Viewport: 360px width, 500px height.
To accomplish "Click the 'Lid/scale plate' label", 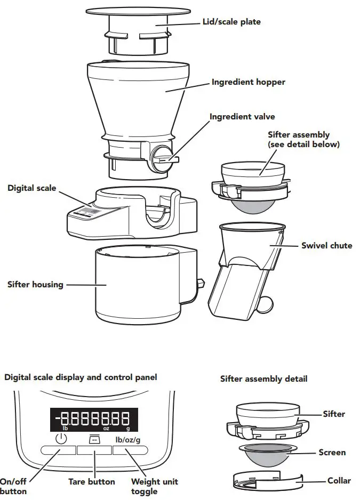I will click(231, 22).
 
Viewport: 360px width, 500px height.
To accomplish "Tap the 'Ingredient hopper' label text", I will click(248, 82).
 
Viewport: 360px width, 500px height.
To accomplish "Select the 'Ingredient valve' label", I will click(242, 116).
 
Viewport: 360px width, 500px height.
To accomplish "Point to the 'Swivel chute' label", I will click(326, 245).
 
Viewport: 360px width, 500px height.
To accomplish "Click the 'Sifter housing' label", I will click(35, 285).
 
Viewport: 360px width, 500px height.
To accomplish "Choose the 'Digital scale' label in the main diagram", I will click(31, 188).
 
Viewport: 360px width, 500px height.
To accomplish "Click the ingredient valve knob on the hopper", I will click(160, 158).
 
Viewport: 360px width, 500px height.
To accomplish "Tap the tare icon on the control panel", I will click(93, 439).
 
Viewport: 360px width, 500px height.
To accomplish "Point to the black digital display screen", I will click(94, 420).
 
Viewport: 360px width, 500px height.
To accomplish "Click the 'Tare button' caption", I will click(91, 481).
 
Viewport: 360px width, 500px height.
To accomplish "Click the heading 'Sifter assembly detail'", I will click(263, 379).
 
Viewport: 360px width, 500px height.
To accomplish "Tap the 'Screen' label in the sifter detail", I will click(332, 453).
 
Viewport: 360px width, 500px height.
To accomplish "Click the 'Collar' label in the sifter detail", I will click(339, 480).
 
